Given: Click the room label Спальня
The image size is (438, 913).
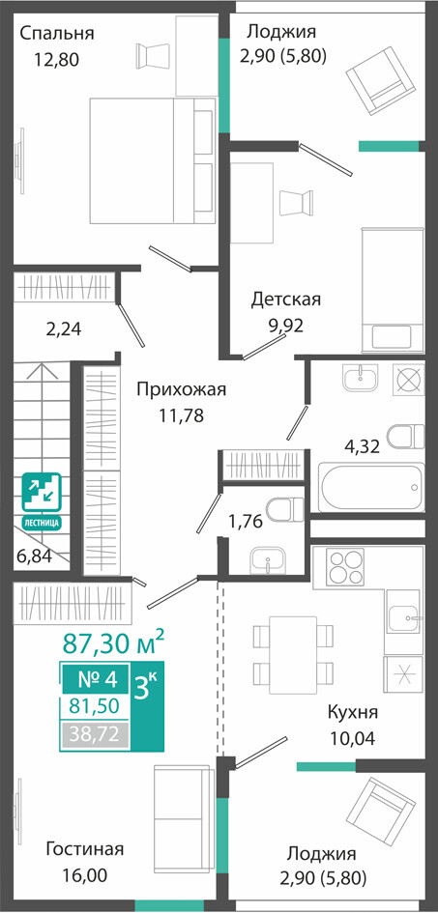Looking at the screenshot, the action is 56,33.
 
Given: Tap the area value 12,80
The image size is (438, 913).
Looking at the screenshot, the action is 56,59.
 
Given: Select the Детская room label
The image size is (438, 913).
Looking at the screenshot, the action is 286,300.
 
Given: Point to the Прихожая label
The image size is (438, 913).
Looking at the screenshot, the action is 181,389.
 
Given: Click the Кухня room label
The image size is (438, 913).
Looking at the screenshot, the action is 353,712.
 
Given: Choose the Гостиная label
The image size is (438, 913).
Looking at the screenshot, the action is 85,849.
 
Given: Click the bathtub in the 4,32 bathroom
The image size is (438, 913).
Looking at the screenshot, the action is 371,487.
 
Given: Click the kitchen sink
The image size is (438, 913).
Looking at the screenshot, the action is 402,614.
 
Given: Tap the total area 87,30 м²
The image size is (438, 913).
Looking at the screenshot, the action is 113,642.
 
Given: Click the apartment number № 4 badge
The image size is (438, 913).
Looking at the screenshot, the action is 98,678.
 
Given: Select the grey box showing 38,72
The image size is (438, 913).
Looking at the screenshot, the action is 97,735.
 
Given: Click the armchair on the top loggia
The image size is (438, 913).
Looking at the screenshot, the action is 382,81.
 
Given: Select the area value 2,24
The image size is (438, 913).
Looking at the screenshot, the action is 64,329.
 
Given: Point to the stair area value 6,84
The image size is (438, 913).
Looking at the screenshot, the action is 35,556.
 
